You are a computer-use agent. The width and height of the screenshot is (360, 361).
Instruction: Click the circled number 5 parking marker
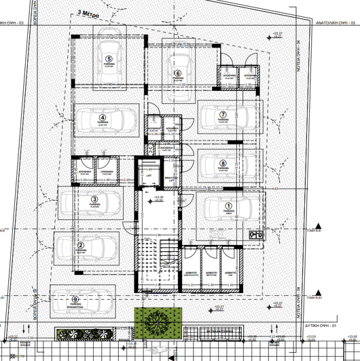coord(109,59)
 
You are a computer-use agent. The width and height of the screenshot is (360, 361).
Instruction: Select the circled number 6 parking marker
coord(178,73)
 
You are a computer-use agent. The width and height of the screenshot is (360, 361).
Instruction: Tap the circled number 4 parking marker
coord(84,117)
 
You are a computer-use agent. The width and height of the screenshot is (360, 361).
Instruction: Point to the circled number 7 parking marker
coord(223,114)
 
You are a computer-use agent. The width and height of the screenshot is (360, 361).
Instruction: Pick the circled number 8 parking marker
coord(223,164)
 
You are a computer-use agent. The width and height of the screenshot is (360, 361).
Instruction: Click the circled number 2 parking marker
coord(81,246)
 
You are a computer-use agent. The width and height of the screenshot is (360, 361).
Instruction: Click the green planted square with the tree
coord(159,322)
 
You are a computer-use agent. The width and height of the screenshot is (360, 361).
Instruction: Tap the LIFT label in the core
coord(149,175)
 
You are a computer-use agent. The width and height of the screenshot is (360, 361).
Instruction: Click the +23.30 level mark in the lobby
coord(159,197)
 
